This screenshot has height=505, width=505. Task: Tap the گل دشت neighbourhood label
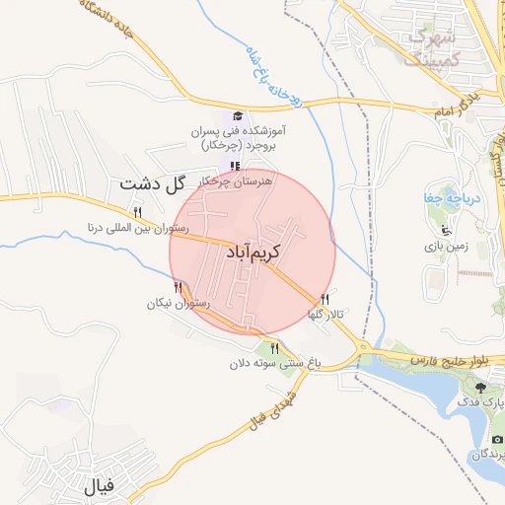(x=151, y=182)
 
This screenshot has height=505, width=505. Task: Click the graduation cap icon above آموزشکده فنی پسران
(x=235, y=116)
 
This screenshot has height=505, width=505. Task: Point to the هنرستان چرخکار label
(x=235, y=180)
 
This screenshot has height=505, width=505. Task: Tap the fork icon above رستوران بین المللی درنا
(x=138, y=212)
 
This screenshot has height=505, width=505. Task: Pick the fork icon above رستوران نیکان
(x=178, y=287)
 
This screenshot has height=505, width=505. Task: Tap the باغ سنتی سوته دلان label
(x=275, y=363)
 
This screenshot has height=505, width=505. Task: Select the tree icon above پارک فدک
(x=480, y=389)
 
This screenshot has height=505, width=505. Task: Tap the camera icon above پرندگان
(x=497, y=438)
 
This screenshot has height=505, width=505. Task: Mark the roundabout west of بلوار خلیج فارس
(x=363, y=346)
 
